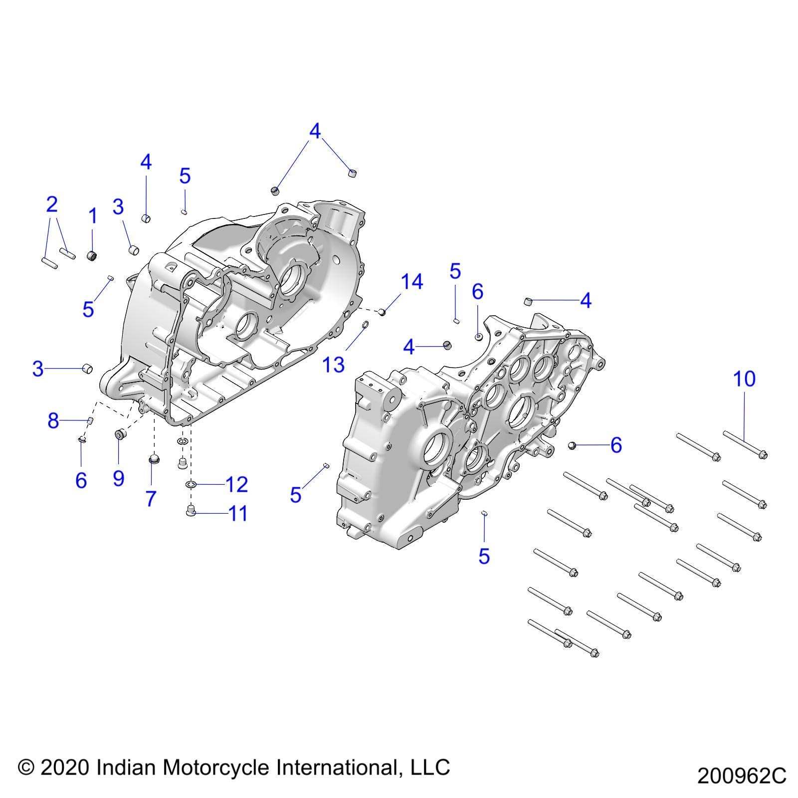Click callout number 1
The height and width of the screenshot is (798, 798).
(93, 216)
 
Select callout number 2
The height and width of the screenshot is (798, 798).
(51, 204)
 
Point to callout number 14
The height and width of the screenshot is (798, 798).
(412, 282)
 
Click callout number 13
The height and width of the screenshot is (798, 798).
(334, 365)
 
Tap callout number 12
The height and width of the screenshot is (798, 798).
(236, 484)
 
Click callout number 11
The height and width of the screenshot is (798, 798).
(237, 513)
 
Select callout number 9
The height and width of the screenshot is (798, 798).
(118, 478)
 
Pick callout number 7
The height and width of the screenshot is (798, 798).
(151, 498)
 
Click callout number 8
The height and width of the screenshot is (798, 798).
(53, 421)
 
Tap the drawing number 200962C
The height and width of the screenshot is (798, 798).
(742, 776)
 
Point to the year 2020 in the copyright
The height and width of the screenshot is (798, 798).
(64, 767)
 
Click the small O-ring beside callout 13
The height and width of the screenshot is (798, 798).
(365, 327)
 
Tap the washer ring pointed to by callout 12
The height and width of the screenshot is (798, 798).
(190, 484)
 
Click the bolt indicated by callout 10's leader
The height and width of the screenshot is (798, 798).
(745, 443)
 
